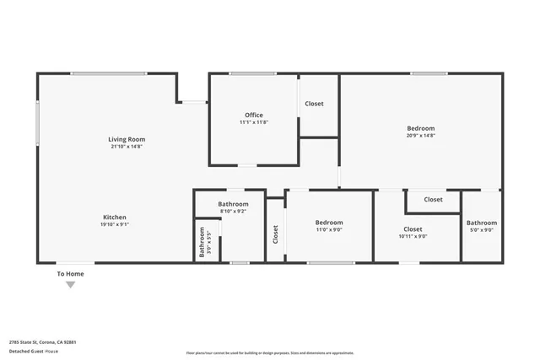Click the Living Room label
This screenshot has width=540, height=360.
click(127, 139)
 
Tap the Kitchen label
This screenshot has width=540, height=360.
click(115, 218)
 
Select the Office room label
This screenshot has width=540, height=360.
click(254, 116)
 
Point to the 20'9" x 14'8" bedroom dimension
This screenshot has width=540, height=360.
click(420, 135)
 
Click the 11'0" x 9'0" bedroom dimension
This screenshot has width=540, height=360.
click(330, 229)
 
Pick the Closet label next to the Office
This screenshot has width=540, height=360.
click(314, 104)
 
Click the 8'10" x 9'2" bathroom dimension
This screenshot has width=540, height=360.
click(233, 211)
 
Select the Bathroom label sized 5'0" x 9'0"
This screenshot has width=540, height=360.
click(482, 223)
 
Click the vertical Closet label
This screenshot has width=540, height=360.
click(276, 234)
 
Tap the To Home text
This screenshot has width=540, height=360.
click(70, 273)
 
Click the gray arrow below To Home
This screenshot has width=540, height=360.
click(70, 285)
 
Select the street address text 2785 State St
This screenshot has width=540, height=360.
click(43, 342)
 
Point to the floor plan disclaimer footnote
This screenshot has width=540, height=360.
click(269, 352)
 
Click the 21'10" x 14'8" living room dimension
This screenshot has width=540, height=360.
click(127, 147)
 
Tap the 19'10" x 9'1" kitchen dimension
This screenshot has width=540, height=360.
click(115, 225)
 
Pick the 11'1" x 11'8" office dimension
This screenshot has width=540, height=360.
click(254, 123)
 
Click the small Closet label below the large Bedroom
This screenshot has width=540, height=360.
click(433, 200)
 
